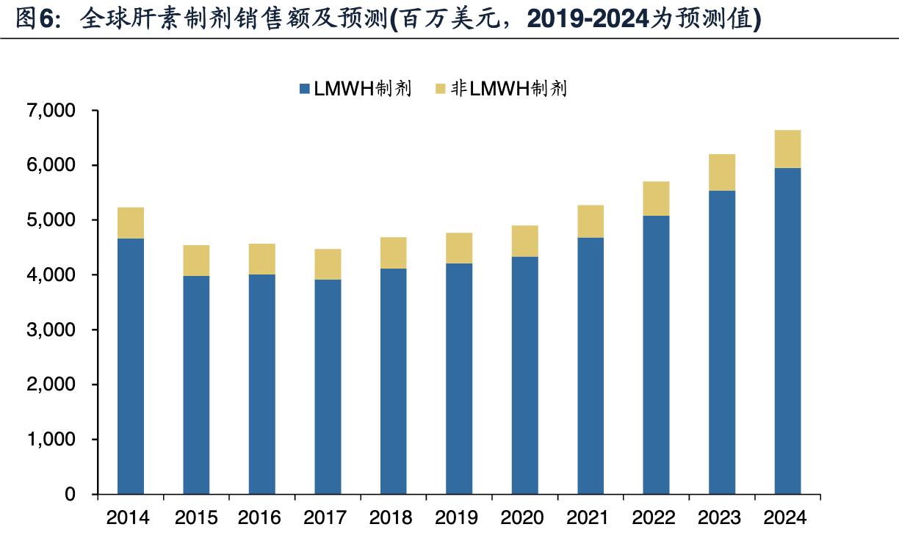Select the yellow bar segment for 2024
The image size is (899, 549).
[x=787, y=149]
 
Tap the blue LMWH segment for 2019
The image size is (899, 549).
[x=459, y=378]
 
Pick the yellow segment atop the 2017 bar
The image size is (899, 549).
[x=328, y=264]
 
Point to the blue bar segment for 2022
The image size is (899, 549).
[x=656, y=355]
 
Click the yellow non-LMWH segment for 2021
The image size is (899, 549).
[x=591, y=221]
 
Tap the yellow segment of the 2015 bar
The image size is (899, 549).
[x=196, y=261]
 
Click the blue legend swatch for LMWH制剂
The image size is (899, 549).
[x=305, y=90]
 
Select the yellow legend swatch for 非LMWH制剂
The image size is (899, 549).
[x=441, y=90]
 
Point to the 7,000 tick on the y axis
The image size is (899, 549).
[x=51, y=111]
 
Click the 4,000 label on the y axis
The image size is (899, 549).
[x=51, y=275]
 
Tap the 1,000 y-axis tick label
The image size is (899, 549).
[x=51, y=440]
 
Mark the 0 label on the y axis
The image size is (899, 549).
[x=71, y=495]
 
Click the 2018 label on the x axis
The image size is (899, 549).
[x=393, y=518]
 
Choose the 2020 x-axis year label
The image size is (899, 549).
[x=524, y=518]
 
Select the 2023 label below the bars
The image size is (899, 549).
[x=721, y=518]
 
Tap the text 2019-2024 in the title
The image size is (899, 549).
[x=585, y=19]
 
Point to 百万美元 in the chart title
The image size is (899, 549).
[x=445, y=19]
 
